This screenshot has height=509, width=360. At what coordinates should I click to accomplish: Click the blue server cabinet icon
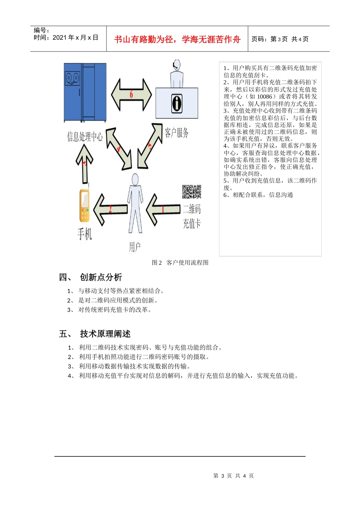tap(85, 92)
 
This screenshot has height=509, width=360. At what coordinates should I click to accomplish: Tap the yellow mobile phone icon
tap(85, 206)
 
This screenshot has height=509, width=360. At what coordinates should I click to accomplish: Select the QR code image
tap(191, 192)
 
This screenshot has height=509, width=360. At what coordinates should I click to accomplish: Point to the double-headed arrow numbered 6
tap(131, 95)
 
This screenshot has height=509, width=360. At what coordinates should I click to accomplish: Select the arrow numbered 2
tap(110, 209)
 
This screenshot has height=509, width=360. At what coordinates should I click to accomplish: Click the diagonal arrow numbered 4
tap(119, 149)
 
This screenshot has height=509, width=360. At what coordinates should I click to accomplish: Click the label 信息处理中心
tap(85, 136)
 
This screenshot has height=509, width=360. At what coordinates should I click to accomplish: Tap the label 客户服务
tap(176, 133)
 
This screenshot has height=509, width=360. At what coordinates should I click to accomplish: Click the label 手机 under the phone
tap(85, 234)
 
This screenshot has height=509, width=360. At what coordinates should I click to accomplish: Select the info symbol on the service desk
tap(177, 103)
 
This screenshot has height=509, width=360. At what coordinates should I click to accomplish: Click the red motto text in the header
tap(177, 39)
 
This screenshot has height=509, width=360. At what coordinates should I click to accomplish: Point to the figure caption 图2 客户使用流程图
tap(180, 262)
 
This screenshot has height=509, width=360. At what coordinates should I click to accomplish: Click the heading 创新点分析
tap(101, 277)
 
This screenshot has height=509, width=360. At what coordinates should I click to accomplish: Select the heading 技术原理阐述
tap(105, 334)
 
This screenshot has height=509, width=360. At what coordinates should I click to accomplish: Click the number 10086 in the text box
tap(265, 97)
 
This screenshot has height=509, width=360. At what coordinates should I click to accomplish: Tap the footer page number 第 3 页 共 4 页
tap(233, 476)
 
